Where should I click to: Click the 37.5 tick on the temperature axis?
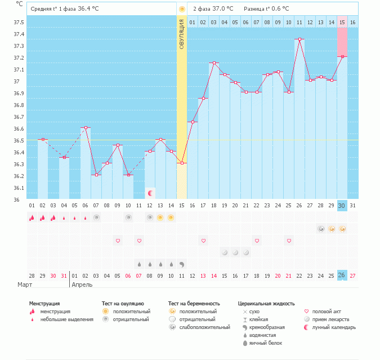click(19, 23)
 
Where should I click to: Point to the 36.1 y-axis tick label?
click(19, 188)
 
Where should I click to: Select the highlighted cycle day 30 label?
click(342, 205)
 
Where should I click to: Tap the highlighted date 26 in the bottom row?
click(342, 275)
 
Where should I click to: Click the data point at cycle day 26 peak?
click(299, 39)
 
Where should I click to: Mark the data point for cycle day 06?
click(86, 128)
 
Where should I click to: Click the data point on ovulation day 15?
click(182, 163)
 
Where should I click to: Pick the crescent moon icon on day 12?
click(150, 193)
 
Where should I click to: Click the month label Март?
click(25, 285)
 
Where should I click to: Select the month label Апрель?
click(83, 285)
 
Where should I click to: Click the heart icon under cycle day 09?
click(118, 241)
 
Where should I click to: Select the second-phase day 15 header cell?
click(342, 23)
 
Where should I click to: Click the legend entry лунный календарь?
click(334, 327)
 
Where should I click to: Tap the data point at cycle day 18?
click(214, 63)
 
